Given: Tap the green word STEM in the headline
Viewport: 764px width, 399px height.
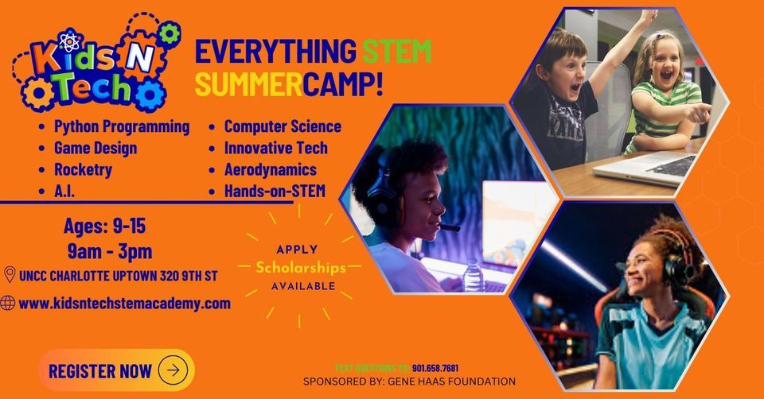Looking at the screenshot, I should (396, 52).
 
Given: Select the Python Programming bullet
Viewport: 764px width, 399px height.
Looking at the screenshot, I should (122, 126).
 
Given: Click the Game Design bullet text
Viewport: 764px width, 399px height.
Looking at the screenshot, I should (95, 148).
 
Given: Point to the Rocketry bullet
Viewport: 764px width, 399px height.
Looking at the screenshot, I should (83, 169).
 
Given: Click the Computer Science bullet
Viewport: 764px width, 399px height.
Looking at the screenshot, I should (283, 126).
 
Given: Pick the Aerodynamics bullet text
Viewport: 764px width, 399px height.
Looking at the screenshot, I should (270, 169).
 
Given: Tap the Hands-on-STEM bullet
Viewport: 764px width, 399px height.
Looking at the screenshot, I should (275, 191).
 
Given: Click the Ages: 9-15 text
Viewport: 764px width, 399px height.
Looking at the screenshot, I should (104, 227).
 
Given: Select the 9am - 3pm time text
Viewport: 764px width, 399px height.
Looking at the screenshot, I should (110, 252).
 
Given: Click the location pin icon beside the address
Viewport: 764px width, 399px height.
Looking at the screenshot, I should (10, 275).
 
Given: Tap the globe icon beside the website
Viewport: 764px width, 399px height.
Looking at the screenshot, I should (9, 303).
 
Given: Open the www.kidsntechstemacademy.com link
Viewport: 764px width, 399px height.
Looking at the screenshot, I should (124, 303).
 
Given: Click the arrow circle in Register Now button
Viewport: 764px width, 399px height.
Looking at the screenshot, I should (173, 370).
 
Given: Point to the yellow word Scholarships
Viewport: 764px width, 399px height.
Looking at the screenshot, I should (300, 267).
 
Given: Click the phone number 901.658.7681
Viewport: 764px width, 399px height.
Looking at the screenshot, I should (435, 368).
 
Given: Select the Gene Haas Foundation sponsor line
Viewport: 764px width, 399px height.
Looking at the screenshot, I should (409, 382).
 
